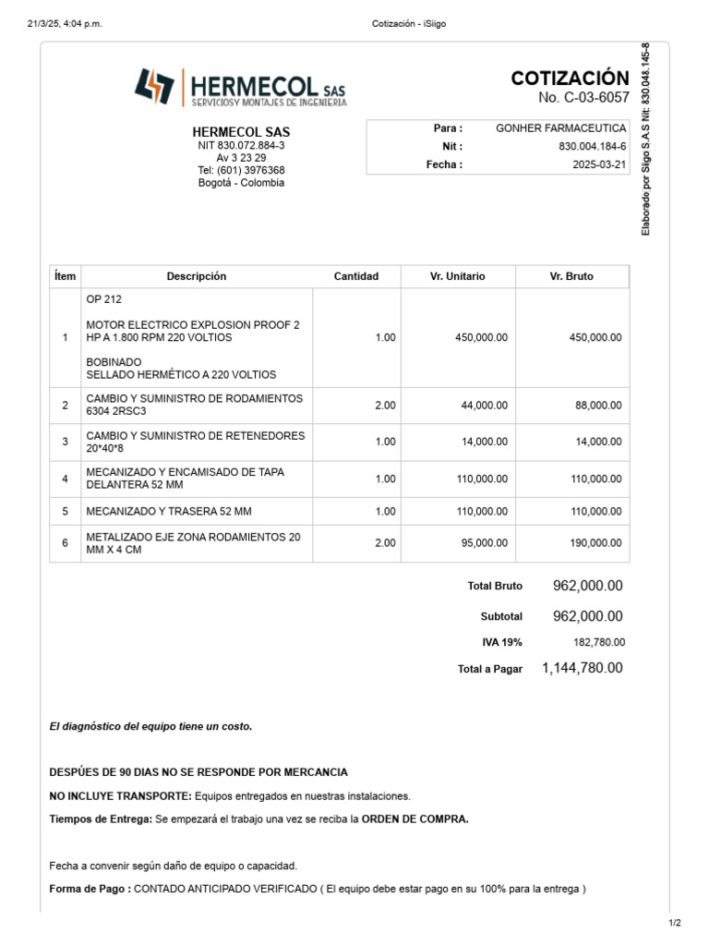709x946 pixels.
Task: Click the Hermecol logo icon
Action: (x=154, y=88)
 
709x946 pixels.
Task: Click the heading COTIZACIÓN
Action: (x=570, y=79)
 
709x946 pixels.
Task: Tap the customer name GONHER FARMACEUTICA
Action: (x=561, y=128)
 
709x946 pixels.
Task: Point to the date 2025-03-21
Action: (x=599, y=164)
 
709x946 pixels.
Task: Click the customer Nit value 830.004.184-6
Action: (x=593, y=146)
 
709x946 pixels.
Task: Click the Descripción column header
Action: (x=196, y=276)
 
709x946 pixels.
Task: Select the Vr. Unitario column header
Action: (x=458, y=276)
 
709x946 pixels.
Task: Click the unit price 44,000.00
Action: (x=484, y=406)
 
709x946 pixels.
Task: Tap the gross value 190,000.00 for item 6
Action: (x=595, y=543)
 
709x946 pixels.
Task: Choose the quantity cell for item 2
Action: (x=385, y=406)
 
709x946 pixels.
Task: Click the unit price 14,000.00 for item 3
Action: (x=484, y=443)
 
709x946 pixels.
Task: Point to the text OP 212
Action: (x=103, y=300)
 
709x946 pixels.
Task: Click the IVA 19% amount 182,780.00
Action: (x=599, y=642)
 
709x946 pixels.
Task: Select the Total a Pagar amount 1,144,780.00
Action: (x=582, y=668)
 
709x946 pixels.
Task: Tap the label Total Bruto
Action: (x=495, y=586)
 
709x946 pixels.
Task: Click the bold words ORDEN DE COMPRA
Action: (x=415, y=819)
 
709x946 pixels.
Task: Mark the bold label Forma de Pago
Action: (x=90, y=890)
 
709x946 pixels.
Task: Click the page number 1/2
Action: (x=674, y=923)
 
